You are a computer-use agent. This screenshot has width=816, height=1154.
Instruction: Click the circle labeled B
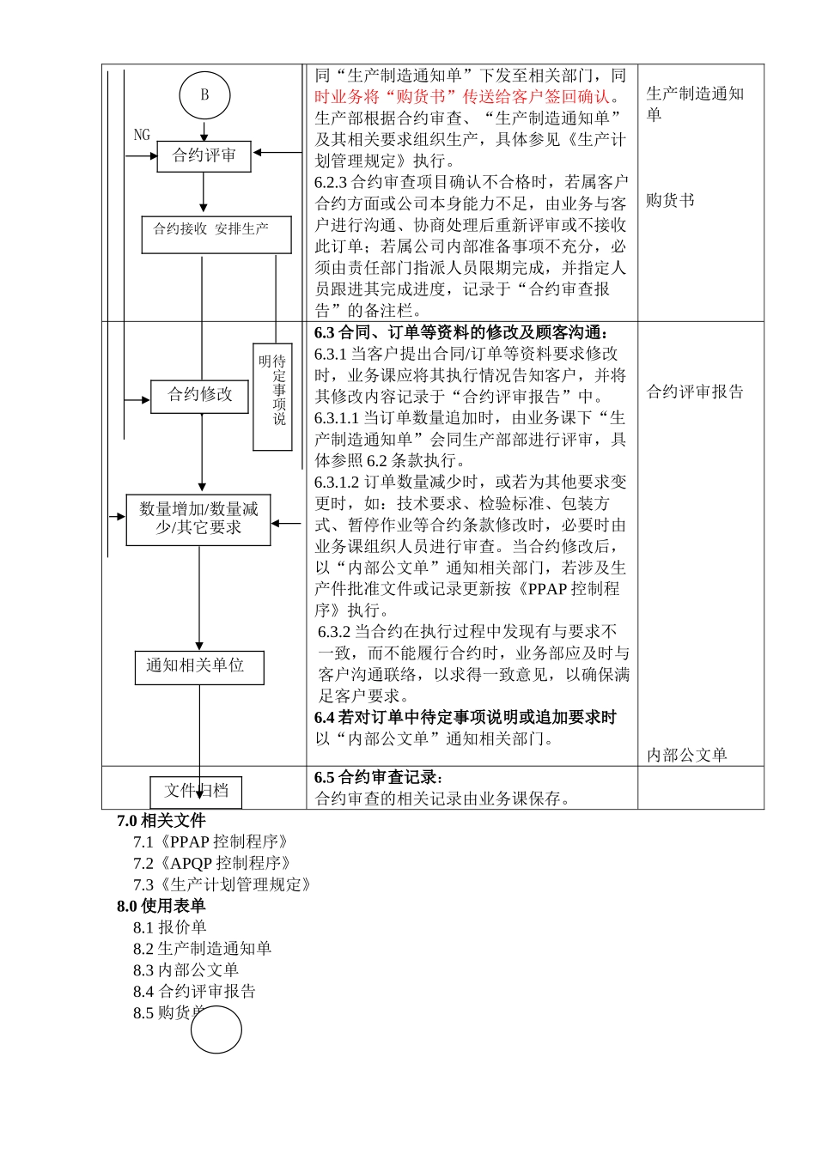click(x=204, y=95)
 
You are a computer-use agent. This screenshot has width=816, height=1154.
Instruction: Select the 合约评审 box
click(x=204, y=156)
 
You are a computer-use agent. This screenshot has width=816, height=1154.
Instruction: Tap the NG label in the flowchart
click(x=142, y=135)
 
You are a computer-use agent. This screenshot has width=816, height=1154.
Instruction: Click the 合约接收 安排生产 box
click(x=216, y=234)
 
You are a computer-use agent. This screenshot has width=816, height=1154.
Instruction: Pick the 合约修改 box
click(x=199, y=396)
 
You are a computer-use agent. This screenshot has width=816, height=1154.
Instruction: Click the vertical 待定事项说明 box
click(x=272, y=396)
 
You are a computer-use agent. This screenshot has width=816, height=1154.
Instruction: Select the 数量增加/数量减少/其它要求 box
click(x=198, y=519)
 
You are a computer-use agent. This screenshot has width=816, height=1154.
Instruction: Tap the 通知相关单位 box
click(x=198, y=667)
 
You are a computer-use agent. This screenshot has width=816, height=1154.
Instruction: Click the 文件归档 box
click(x=196, y=791)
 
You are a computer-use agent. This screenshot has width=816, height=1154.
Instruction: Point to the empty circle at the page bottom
click(x=216, y=1029)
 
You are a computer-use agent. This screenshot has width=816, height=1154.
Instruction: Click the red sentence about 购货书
click(x=464, y=97)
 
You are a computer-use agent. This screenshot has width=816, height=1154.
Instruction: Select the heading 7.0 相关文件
click(x=161, y=821)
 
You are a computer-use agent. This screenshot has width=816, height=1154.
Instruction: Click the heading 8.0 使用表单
click(x=161, y=906)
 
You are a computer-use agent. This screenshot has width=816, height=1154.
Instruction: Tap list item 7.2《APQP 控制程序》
click(x=212, y=863)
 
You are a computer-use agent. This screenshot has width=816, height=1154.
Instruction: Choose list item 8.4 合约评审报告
click(x=194, y=991)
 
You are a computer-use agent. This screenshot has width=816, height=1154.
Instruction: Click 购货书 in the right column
click(x=670, y=200)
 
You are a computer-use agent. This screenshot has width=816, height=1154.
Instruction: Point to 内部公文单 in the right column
click(x=686, y=755)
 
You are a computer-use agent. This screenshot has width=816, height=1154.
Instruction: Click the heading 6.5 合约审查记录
click(x=379, y=777)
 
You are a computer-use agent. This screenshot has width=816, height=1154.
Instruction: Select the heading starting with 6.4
click(x=465, y=717)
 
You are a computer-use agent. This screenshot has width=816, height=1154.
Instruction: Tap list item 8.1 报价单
click(x=169, y=927)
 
